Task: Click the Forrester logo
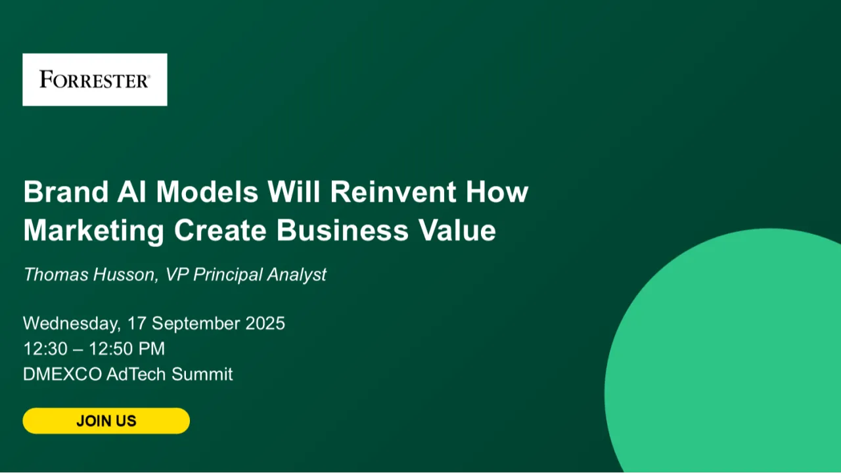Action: (95, 79)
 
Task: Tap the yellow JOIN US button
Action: (106, 421)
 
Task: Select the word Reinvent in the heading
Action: (393, 192)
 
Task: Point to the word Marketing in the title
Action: (93, 231)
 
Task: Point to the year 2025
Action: (265, 323)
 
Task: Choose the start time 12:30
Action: (45, 349)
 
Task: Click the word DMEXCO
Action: (62, 374)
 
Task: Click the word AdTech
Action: (136, 374)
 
